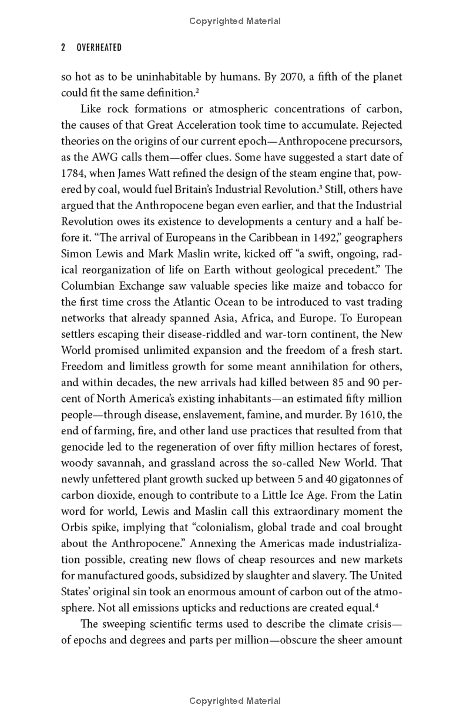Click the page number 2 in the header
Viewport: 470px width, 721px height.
(x=63, y=48)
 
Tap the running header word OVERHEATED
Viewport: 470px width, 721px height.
(x=99, y=48)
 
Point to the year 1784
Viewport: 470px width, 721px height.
(x=73, y=173)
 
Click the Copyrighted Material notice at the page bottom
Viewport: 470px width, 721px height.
(x=235, y=700)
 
